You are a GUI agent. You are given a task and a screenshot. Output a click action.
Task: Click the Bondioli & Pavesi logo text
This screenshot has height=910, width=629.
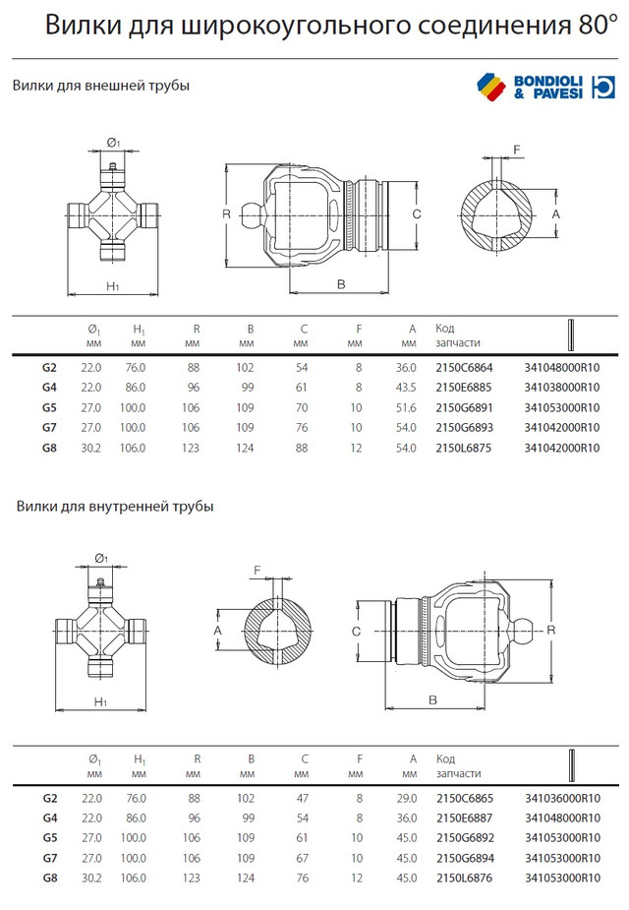547,87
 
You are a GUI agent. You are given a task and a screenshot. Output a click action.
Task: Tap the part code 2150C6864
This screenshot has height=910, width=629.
464,368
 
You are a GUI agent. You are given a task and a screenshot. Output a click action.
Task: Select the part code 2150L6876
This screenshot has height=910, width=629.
464,879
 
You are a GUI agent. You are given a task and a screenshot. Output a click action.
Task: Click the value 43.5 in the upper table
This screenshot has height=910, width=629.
406,388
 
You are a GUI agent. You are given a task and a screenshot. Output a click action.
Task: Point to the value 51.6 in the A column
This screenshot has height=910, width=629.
406,408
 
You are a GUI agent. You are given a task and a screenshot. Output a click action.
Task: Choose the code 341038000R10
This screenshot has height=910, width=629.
562,388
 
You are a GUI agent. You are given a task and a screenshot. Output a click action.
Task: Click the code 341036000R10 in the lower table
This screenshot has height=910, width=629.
562,799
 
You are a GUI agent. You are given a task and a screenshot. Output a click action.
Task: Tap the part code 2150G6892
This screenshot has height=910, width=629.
464,838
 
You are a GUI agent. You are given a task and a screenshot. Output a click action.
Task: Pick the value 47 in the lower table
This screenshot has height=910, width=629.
302,799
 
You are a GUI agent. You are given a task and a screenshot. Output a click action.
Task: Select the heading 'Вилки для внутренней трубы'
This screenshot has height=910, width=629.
115,506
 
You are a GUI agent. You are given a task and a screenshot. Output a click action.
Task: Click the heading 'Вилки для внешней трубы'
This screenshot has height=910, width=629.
101,86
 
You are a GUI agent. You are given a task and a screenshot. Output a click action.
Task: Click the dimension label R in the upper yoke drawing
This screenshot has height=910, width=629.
227,214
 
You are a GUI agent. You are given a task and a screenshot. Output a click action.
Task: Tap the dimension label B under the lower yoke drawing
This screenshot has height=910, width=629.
432,700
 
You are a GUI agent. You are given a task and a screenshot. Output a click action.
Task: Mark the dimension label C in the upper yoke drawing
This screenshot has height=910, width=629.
417,214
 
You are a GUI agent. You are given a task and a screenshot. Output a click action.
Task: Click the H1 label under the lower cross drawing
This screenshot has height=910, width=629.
100,702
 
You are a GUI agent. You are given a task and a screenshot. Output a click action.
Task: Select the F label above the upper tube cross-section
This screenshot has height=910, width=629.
517,150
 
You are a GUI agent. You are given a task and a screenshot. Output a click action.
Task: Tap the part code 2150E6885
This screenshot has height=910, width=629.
464,388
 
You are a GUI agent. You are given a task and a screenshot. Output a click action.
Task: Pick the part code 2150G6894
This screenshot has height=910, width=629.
464,858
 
